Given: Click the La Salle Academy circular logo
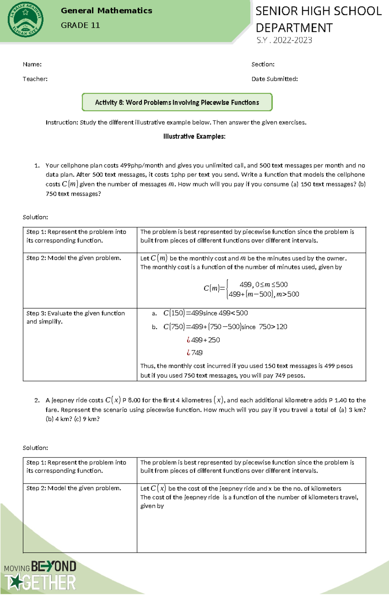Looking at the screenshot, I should [25, 20].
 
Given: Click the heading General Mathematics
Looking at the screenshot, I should [106, 11].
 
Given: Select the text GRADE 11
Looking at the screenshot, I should [80, 25].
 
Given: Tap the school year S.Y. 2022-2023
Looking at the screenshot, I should [284, 40].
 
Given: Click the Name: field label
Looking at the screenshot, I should [32, 64].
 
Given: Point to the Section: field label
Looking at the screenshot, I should [263, 64].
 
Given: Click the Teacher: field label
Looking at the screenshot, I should [35, 79].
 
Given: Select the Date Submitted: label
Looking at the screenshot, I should [274, 79].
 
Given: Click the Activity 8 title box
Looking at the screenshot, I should [177, 102].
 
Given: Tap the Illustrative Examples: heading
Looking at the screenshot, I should [194, 137].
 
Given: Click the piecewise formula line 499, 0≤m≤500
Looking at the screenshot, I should [263, 284].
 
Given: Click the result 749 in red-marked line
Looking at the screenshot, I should [196, 352].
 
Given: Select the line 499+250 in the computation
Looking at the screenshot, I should [205, 340].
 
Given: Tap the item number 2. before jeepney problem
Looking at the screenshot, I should [37, 400].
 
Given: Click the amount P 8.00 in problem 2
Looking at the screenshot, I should [131, 400].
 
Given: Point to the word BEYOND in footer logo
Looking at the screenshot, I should [54, 566].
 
